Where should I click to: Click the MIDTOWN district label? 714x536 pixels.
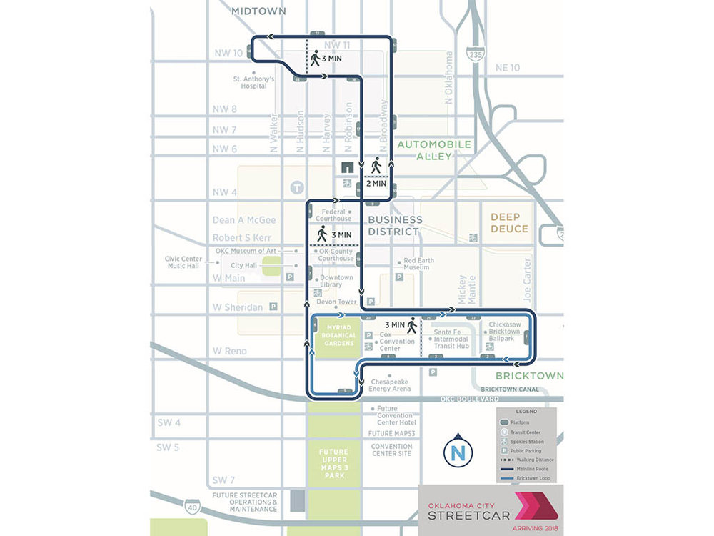258,11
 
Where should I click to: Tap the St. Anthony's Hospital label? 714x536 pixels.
253,82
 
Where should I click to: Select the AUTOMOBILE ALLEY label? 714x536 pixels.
434,150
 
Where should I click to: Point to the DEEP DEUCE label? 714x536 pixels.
509,223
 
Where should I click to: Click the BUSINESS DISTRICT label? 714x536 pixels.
395,225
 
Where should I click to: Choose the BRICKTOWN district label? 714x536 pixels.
529,375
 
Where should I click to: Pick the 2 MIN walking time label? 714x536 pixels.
376,183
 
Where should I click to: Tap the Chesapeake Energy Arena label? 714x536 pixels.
390,386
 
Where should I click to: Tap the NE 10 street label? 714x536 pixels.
508,67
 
